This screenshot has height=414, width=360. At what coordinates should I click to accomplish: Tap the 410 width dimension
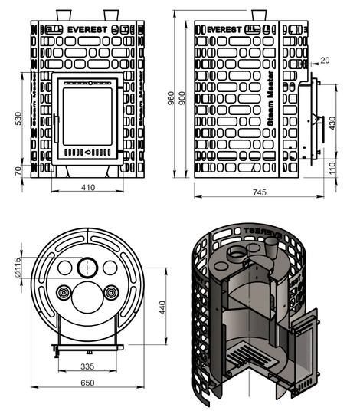point(87,186)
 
